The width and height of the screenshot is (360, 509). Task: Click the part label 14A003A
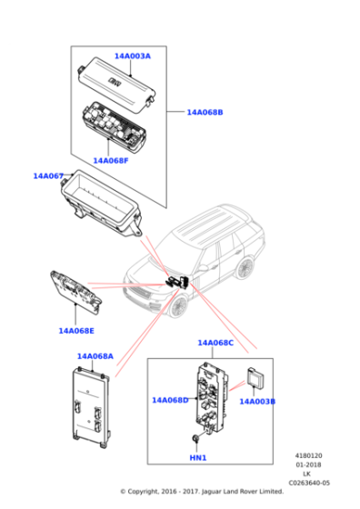coord(133,56)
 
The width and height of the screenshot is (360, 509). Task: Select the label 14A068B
coord(205,113)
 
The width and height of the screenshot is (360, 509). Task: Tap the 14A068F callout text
coord(111,161)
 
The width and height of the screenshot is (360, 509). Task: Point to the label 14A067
coord(48,176)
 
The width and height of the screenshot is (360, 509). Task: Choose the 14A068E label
coord(76,331)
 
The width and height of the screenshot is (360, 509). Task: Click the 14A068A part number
coord(95,356)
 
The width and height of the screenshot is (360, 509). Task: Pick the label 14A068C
coord(215,343)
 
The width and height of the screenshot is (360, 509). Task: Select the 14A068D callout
coord(170,400)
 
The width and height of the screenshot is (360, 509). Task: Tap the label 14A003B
coord(257,402)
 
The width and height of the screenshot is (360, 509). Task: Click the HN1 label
coord(198,458)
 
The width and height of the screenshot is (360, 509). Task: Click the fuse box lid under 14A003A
coord(116,85)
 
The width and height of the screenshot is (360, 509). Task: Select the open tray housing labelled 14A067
coord(101,203)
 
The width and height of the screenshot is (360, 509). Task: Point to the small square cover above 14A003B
coord(255,377)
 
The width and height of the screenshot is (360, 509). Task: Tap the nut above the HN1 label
coord(195,438)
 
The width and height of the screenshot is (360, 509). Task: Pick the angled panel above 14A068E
coord(75,292)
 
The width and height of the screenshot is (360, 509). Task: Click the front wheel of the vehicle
coord(178,306)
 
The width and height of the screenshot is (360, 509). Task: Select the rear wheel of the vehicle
coord(245,268)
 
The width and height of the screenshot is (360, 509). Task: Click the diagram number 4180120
coord(308,455)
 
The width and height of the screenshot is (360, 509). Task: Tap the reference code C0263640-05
coord(309,483)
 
